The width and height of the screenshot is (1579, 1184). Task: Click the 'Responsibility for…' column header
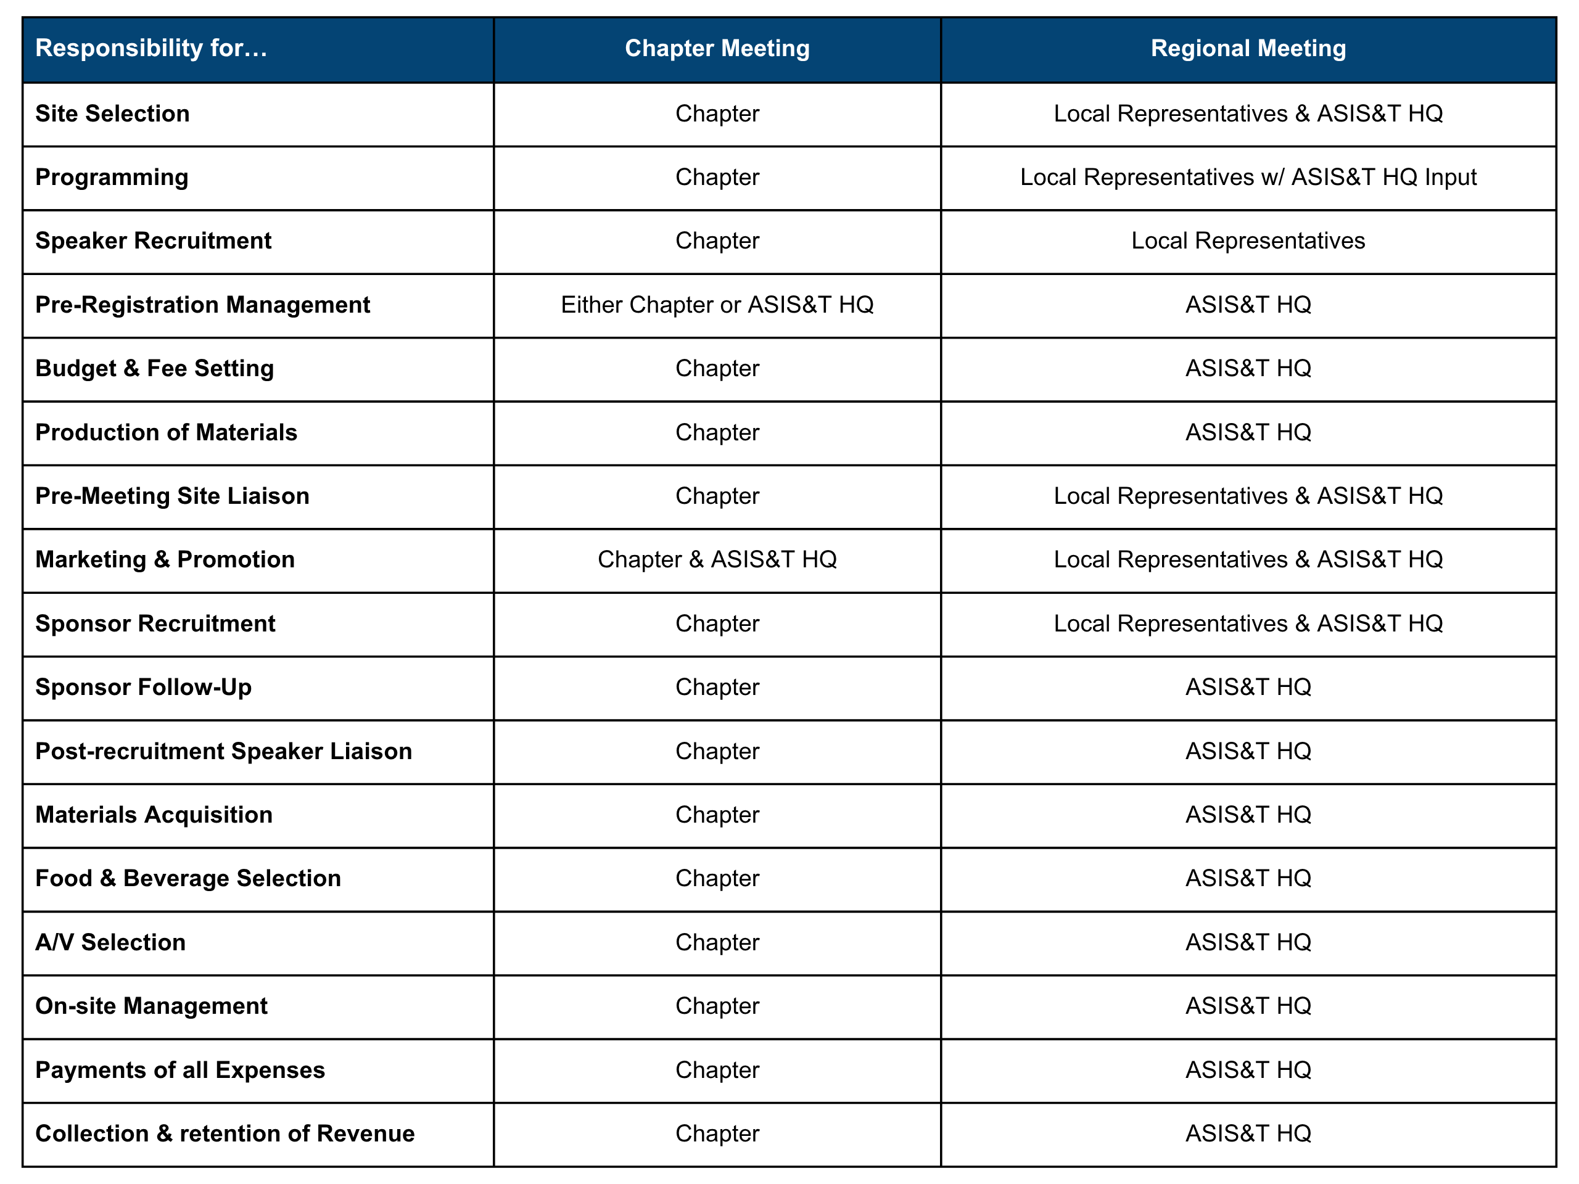(151, 49)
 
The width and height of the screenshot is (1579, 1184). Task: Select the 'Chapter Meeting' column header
(717, 49)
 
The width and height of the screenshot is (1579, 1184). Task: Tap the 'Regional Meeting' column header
(1248, 49)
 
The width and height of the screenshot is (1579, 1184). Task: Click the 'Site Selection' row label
(112, 113)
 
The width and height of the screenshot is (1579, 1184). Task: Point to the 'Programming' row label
(112, 177)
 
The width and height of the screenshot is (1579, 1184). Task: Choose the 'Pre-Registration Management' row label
(202, 305)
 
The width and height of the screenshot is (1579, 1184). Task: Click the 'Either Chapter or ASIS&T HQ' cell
(717, 305)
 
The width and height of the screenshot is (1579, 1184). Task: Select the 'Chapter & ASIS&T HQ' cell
(717, 559)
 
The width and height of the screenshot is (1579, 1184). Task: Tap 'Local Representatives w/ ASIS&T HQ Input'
(1248, 177)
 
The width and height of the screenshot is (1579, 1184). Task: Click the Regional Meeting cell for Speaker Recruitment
(1248, 240)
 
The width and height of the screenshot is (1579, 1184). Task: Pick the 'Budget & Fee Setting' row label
(154, 368)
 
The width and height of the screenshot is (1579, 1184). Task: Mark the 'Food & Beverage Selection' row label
(188, 879)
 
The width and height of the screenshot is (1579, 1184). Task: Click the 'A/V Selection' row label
(110, 942)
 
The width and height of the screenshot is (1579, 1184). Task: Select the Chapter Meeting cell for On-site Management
(717, 1006)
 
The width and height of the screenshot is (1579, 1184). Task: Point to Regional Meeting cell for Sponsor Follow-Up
(1248, 688)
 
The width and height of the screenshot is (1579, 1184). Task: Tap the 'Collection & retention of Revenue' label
(225, 1133)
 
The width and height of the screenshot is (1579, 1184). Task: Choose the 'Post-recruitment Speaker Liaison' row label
(223, 751)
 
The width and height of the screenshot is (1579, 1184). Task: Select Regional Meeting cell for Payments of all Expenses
(1248, 1070)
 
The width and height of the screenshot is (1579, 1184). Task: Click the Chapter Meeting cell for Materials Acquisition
(717, 815)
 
